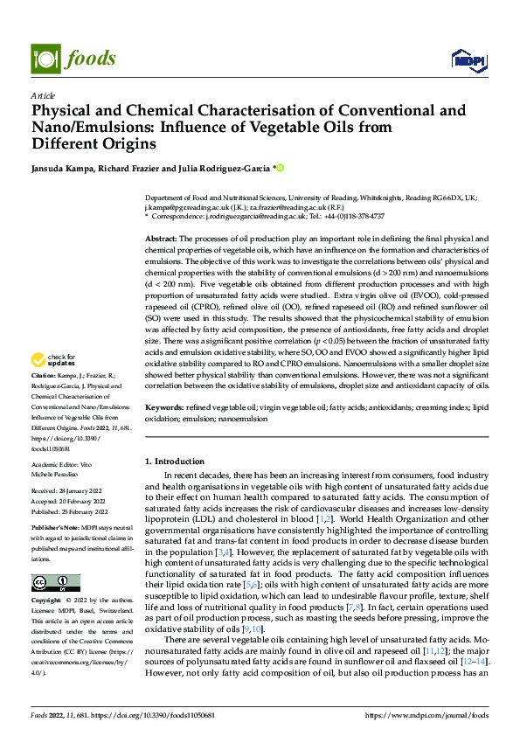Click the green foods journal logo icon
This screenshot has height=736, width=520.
click(x=46, y=58)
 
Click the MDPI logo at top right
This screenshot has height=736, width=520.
click(x=468, y=59)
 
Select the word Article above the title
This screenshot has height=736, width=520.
click(x=43, y=95)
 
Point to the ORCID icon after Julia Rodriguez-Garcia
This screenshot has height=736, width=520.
click(x=281, y=167)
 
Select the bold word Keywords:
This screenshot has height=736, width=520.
click(x=163, y=407)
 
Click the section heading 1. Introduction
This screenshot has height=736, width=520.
click(x=173, y=461)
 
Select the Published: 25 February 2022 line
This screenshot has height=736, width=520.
click(x=67, y=511)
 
